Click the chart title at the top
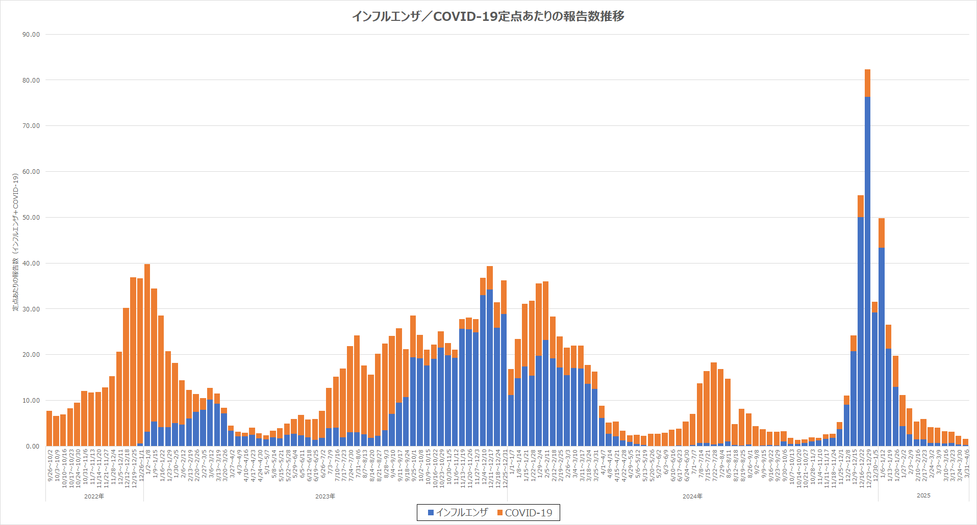[488, 16]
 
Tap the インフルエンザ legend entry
[458, 512]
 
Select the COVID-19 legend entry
[525, 513]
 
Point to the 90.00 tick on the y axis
[31, 35]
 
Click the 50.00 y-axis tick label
[31, 218]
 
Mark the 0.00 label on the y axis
[33, 447]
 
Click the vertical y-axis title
[16, 242]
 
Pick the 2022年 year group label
[94, 496]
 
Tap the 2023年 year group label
[325, 496]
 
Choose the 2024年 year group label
[692, 496]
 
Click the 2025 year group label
[923, 495]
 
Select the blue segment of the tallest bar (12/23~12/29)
[867, 270]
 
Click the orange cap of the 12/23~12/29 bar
[867, 83]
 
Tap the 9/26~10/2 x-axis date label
[50, 464]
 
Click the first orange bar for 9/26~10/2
[49, 428]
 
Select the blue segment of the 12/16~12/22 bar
[861, 331]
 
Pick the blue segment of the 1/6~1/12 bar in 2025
[882, 347]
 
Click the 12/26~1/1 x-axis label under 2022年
[140, 464]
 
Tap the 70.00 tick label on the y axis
[31, 126]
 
